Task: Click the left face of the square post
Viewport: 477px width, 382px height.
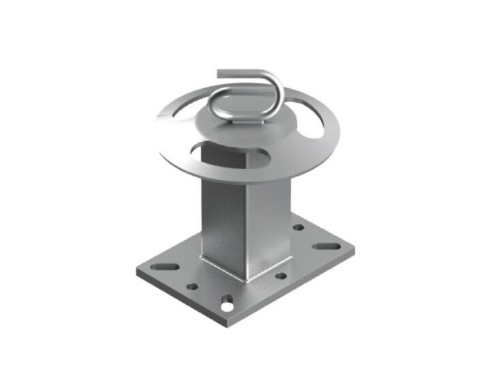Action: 222,218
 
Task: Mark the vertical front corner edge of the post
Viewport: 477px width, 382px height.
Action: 246,225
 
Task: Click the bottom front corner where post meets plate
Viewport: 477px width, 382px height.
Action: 247,278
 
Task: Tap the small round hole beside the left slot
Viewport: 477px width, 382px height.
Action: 194,286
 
